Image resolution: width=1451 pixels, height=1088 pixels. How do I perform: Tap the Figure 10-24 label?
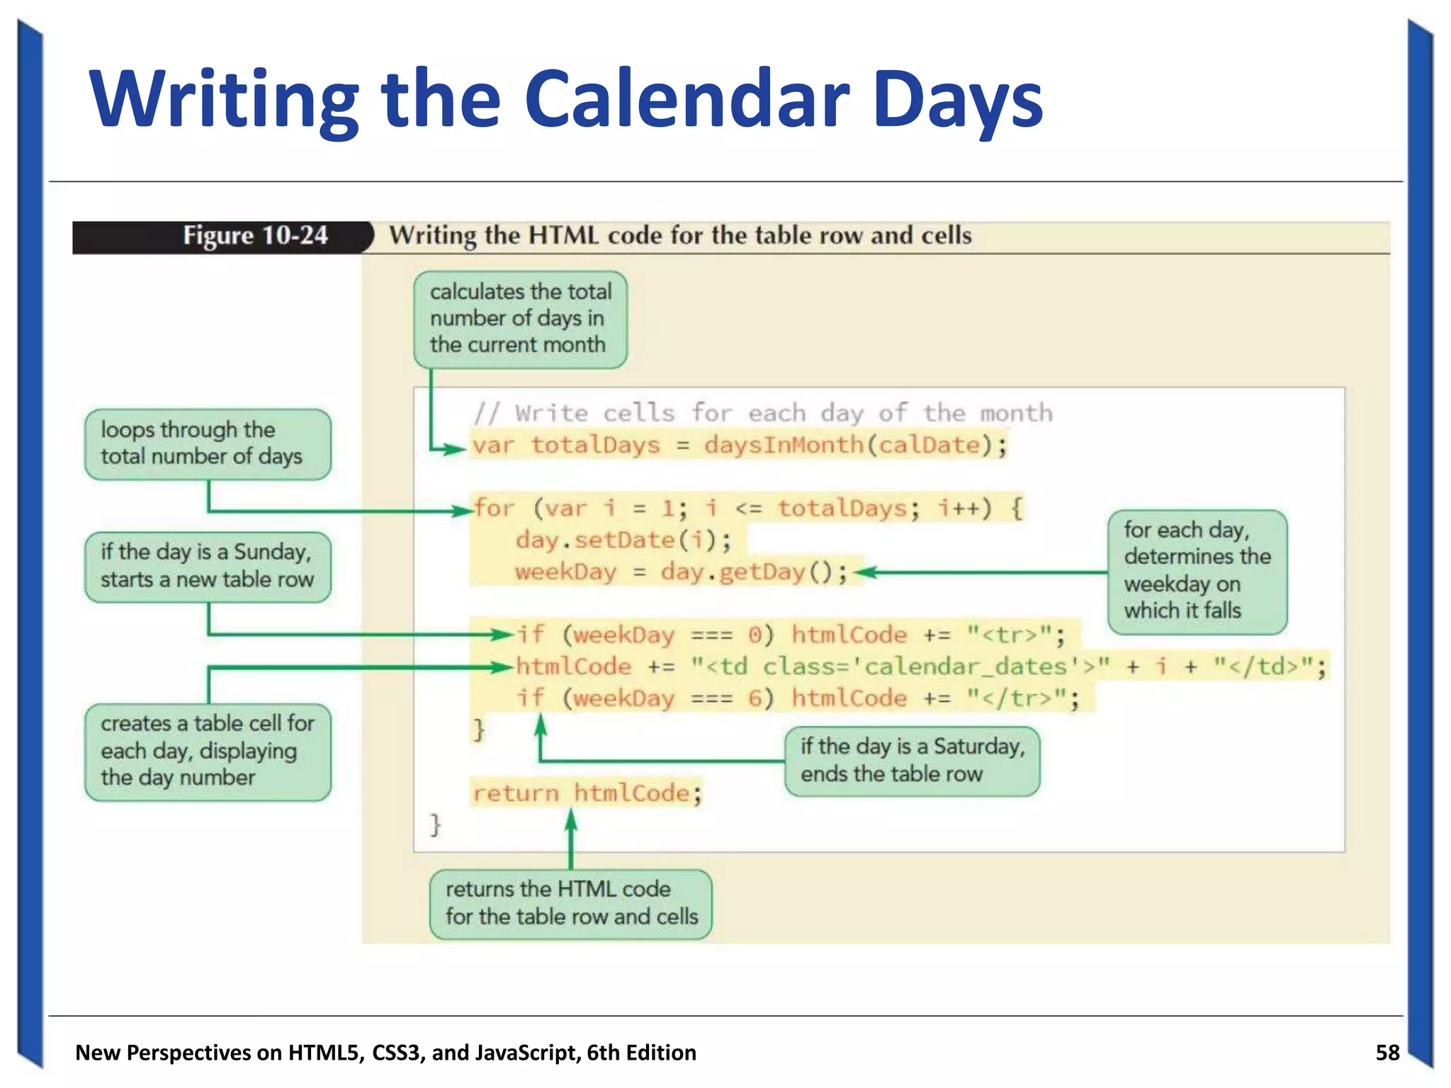pos(255,236)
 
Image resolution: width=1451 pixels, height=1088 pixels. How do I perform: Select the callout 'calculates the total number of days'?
pos(520,319)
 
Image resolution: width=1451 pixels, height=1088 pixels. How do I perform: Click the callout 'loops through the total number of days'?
pos(207,443)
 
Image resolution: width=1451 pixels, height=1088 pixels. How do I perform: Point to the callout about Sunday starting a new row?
pos(207,566)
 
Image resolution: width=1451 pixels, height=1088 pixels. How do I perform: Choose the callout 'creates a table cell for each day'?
pos(207,751)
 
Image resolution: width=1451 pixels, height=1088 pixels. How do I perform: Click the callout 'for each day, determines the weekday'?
pos(1197,570)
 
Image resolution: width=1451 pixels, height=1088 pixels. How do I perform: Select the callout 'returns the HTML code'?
pos(570,903)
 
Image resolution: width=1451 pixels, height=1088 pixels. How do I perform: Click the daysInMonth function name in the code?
pos(784,445)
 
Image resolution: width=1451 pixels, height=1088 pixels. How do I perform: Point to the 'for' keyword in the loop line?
pos(494,508)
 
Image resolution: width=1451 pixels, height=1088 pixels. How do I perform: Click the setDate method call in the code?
pos(623,540)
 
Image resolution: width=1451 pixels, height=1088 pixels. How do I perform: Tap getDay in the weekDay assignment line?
pos(762,572)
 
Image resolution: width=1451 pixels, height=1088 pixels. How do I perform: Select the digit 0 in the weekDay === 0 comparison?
pos(755,635)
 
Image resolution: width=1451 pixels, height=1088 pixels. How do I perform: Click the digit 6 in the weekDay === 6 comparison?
pos(755,698)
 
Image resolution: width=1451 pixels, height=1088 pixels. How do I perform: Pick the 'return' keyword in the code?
pos(515,793)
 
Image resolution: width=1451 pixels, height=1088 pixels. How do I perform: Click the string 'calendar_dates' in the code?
pos(966,667)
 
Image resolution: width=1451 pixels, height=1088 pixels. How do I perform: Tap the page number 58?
pos(1387,1053)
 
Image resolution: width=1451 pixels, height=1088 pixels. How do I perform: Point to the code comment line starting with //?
pos(763,413)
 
